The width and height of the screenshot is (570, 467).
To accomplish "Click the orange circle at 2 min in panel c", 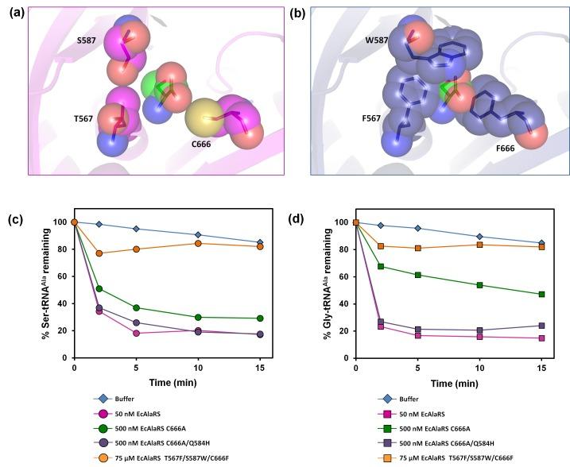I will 99,253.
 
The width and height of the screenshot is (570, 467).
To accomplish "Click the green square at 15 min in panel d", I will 542,294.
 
